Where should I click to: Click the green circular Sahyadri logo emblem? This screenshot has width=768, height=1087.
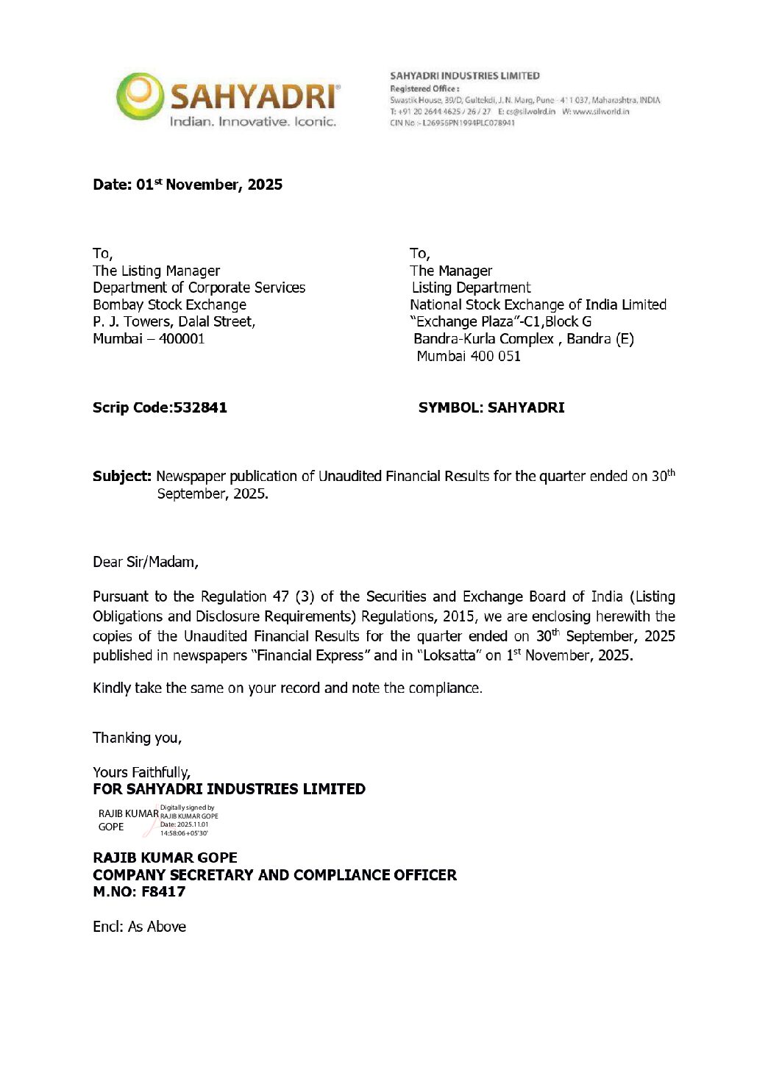(x=140, y=96)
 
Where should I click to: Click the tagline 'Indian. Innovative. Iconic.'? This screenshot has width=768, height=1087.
(x=252, y=121)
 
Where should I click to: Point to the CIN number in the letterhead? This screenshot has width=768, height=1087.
(x=452, y=123)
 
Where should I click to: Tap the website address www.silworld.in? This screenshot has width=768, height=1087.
(x=600, y=112)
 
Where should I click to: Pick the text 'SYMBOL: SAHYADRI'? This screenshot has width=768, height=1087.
(x=491, y=407)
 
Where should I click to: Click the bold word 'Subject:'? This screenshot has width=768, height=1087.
(x=121, y=477)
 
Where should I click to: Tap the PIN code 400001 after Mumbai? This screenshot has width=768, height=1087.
(x=182, y=339)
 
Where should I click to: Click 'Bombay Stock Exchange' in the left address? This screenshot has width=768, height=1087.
(x=169, y=304)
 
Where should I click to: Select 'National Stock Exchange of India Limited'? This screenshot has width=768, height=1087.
(x=538, y=304)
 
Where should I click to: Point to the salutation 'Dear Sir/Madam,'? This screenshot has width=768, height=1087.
(x=146, y=562)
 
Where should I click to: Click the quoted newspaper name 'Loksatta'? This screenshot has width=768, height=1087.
(x=449, y=655)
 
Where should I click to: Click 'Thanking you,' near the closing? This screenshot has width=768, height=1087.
(x=137, y=738)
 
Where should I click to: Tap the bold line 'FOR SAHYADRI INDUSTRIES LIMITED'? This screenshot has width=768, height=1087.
(x=229, y=789)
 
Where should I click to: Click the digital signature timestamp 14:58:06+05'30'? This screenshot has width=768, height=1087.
(x=184, y=833)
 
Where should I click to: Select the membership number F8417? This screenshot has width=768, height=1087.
(x=163, y=891)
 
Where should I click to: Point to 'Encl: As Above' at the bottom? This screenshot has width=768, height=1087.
(x=139, y=927)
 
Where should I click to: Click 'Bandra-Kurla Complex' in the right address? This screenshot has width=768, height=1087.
(x=483, y=339)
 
